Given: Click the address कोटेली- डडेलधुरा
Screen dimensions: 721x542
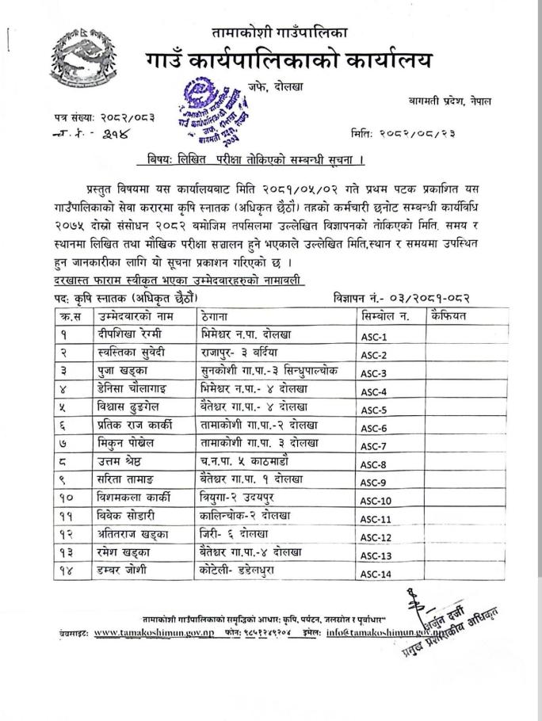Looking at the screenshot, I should (245, 571).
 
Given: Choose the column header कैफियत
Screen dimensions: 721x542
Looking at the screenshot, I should (449, 316).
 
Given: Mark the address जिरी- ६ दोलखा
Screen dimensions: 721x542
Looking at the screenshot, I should (236, 536).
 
